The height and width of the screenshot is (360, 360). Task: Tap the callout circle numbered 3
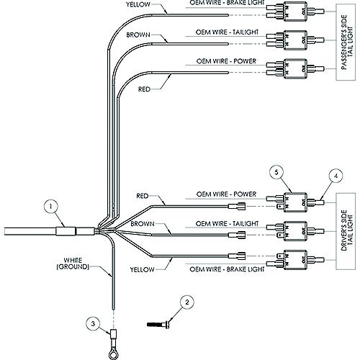(x=91, y=325)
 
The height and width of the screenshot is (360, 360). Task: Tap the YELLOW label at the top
(x=139, y=5)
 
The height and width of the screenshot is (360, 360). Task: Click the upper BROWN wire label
(x=139, y=33)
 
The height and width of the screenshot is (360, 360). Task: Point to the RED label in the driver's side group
(x=143, y=196)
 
